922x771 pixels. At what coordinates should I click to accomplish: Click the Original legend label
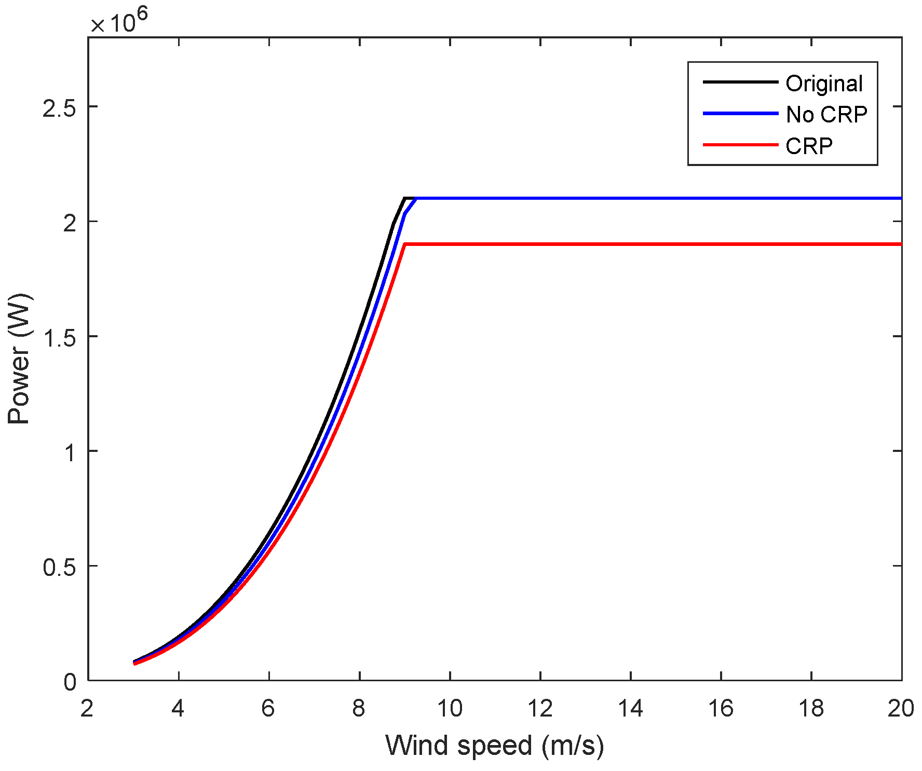pos(824,84)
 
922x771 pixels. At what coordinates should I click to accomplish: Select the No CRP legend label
pos(826,115)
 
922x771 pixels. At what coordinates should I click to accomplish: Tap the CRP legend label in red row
pos(809,146)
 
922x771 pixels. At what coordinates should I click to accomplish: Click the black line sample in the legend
pos(740,82)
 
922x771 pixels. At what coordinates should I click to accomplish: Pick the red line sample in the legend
pos(740,145)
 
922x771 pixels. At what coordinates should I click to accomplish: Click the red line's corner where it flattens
pos(404,244)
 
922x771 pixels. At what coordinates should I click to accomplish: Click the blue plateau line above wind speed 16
pos(721,198)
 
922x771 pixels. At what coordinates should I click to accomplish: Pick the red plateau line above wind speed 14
pos(630,244)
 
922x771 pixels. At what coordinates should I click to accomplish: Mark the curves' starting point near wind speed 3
pos(135,663)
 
